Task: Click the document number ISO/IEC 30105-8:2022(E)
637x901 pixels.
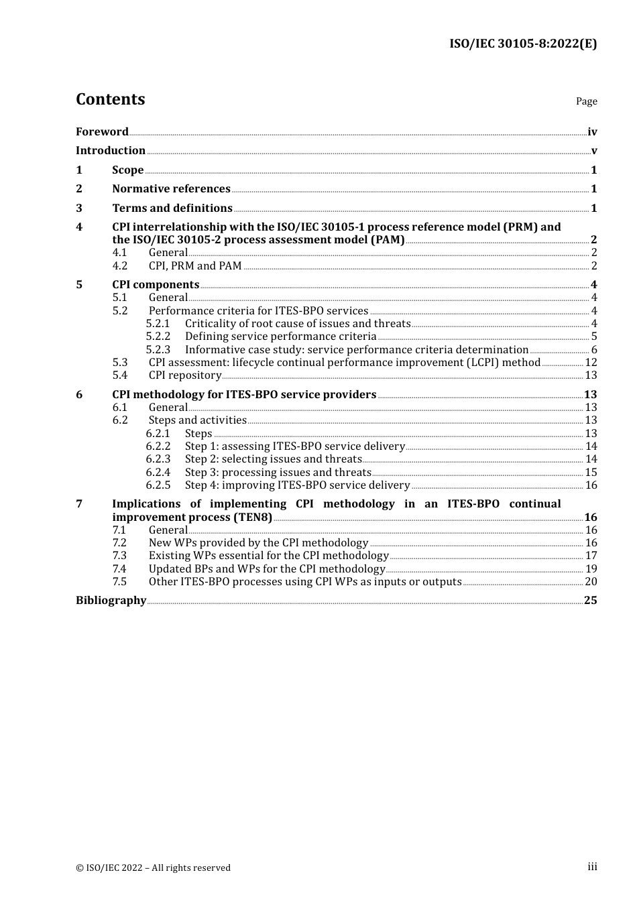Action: [x=522, y=44]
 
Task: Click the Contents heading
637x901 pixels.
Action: [x=110, y=99]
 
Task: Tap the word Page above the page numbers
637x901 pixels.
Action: [x=586, y=101]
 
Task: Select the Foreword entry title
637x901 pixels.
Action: [x=102, y=132]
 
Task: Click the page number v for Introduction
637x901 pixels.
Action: [x=593, y=151]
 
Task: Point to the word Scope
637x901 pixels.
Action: [x=127, y=170]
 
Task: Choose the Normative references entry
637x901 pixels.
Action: [x=171, y=189]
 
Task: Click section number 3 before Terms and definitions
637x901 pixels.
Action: [x=79, y=208]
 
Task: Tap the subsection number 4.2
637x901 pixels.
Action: [x=119, y=266]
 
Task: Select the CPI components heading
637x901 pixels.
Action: [x=156, y=285]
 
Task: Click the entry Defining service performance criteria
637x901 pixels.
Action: [x=280, y=337]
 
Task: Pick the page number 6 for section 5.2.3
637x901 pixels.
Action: [x=593, y=350]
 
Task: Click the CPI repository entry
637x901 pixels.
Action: [x=184, y=375]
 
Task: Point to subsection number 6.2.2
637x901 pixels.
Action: [x=158, y=446]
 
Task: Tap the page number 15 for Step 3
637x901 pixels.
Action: [x=591, y=473]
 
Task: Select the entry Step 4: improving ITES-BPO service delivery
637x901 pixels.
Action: [x=297, y=485]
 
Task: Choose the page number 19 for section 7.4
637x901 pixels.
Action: [x=591, y=569]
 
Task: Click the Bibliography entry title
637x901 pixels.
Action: [x=111, y=601]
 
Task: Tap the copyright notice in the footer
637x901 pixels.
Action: [x=153, y=868]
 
